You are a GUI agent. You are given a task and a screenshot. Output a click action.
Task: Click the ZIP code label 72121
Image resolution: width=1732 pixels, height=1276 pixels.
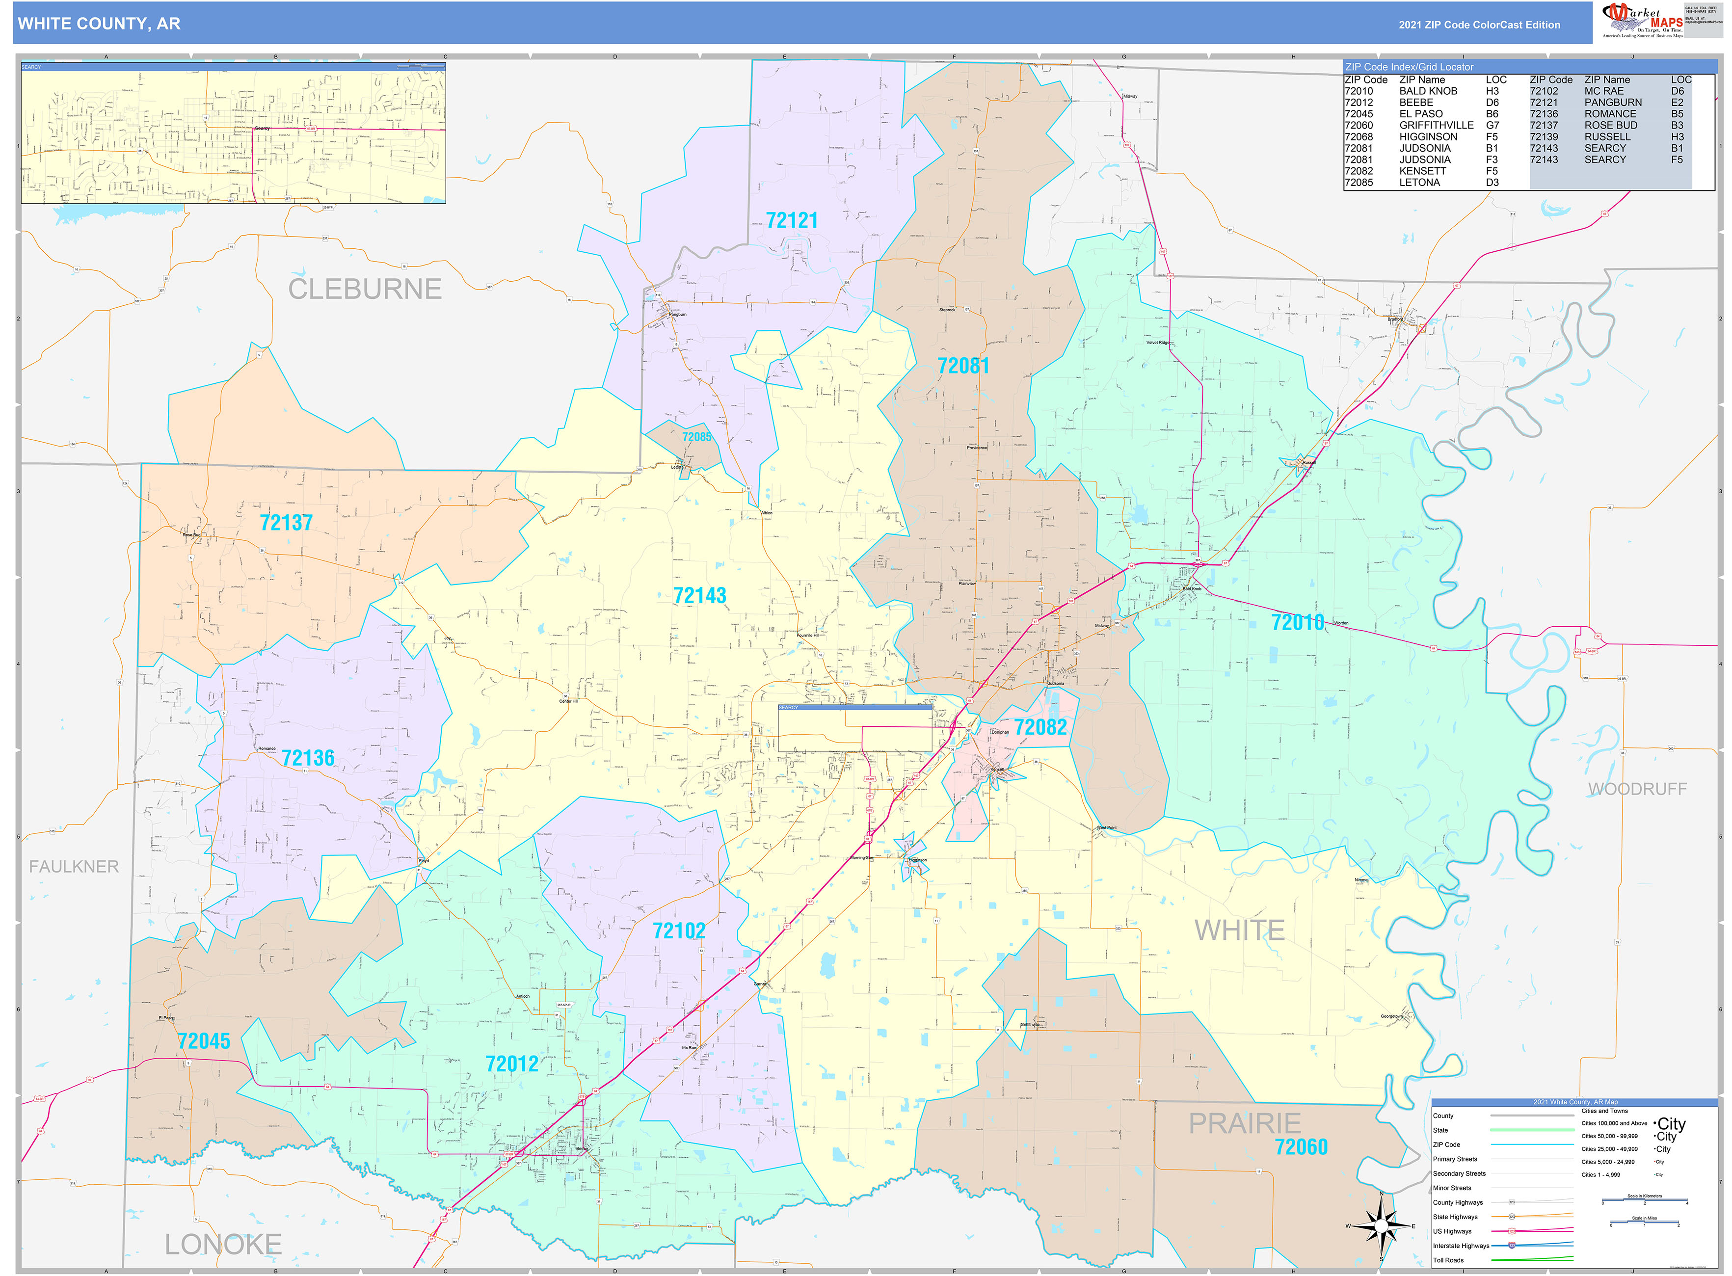(x=791, y=221)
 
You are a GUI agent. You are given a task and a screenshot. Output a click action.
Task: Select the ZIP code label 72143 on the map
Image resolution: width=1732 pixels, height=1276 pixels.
(x=699, y=595)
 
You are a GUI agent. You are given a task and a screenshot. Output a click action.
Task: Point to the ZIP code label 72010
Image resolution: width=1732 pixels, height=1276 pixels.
(x=1297, y=623)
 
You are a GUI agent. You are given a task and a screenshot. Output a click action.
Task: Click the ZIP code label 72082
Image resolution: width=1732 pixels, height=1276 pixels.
(x=1040, y=727)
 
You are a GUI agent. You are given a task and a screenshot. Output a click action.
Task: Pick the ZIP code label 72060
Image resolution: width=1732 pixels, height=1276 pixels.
(x=1301, y=1147)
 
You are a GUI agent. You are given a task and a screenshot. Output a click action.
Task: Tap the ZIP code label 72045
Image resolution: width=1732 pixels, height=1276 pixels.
(x=204, y=1041)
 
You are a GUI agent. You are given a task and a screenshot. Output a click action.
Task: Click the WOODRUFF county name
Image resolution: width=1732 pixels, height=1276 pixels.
(x=1637, y=789)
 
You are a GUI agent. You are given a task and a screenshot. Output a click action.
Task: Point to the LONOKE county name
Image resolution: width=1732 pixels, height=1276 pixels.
(x=223, y=1244)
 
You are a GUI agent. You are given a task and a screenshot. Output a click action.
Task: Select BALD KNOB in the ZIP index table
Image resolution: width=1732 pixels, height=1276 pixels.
(x=1428, y=91)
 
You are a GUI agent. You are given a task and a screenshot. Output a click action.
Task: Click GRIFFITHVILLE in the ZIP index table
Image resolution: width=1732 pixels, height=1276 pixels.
(x=1436, y=125)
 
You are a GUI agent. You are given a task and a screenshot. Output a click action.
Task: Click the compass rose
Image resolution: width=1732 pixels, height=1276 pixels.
(x=1381, y=1226)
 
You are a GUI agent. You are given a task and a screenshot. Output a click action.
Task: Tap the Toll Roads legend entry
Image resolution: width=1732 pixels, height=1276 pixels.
(x=1448, y=1260)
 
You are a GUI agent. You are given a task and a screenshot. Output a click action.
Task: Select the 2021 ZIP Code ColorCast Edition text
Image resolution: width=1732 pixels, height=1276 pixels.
(x=1479, y=25)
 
